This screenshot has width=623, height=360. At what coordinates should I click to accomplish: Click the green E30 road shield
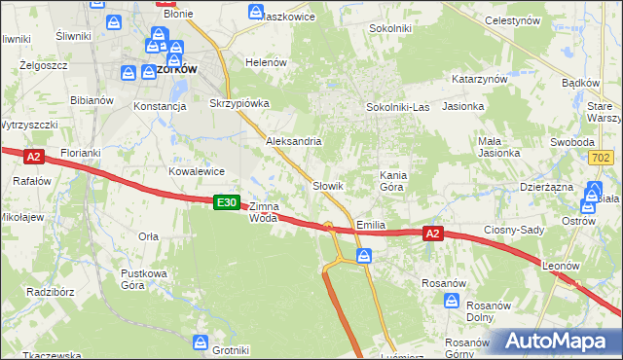(x=226, y=201)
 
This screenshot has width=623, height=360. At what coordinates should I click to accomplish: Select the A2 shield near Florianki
(x=33, y=156)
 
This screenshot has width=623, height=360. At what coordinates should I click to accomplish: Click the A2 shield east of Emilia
(x=434, y=233)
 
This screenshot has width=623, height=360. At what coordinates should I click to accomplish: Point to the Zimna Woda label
(x=264, y=212)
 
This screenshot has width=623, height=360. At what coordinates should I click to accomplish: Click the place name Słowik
(x=328, y=185)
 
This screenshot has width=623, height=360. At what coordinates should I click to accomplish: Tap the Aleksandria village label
(x=294, y=141)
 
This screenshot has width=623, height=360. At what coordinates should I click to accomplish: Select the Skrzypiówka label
(x=238, y=102)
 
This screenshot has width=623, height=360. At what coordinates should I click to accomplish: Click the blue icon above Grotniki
(x=201, y=342)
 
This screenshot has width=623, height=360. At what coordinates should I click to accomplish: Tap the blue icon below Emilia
(x=363, y=256)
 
